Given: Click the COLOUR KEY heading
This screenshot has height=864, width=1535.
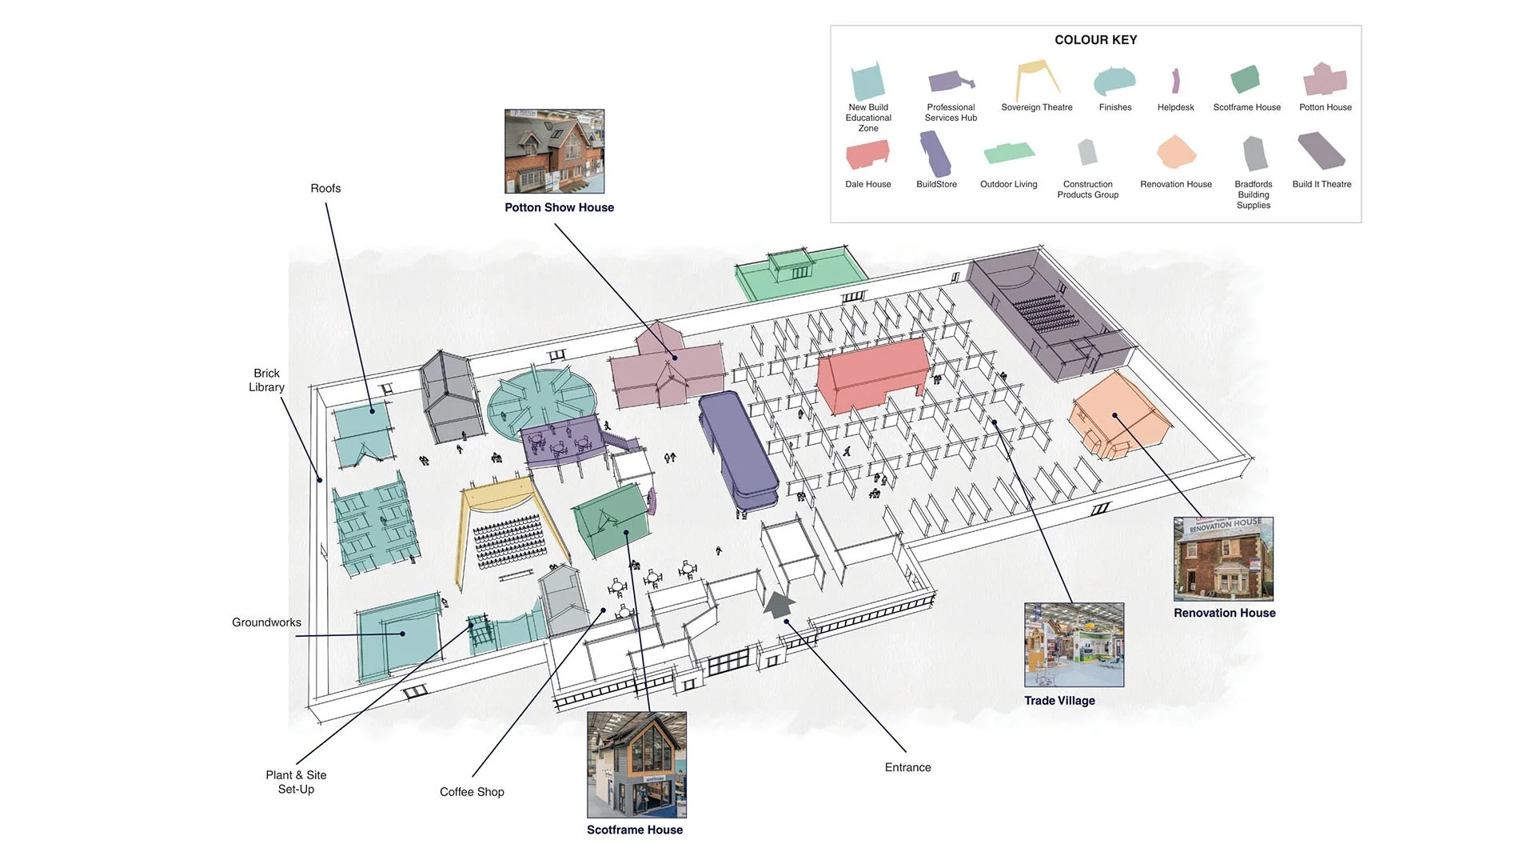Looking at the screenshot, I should pyautogui.click(x=1095, y=40).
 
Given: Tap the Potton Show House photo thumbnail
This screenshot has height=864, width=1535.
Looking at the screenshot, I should pyautogui.click(x=554, y=151).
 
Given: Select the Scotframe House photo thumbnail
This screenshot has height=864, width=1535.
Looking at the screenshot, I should pyautogui.click(x=636, y=764).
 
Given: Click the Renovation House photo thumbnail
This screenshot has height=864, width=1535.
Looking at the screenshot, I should pyautogui.click(x=1223, y=558).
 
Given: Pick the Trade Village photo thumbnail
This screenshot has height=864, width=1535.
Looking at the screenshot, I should pyautogui.click(x=1074, y=645).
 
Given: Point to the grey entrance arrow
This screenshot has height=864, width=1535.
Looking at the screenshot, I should pyautogui.click(x=779, y=603).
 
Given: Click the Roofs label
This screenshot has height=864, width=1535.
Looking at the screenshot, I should pyautogui.click(x=325, y=189).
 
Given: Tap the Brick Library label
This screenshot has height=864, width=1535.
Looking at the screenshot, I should pyautogui.click(x=266, y=380).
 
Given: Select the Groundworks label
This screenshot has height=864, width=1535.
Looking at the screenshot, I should pyautogui.click(x=266, y=622).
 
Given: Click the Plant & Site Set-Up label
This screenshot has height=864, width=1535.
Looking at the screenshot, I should pyautogui.click(x=296, y=782).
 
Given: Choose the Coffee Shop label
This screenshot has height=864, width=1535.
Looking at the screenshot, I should pyautogui.click(x=472, y=792).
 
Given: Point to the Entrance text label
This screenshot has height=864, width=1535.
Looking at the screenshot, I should pyautogui.click(x=907, y=767).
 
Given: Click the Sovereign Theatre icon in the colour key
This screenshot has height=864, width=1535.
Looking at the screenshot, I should pyautogui.click(x=1037, y=79).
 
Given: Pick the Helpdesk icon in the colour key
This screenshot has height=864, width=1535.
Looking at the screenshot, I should pyautogui.click(x=1175, y=81).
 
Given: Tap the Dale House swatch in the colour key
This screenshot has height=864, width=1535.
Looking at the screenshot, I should pyautogui.click(x=867, y=154).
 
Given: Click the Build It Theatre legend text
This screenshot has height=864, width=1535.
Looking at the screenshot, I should pyautogui.click(x=1322, y=184).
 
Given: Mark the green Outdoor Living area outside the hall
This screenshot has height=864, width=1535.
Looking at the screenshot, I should pyautogui.click(x=799, y=274).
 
